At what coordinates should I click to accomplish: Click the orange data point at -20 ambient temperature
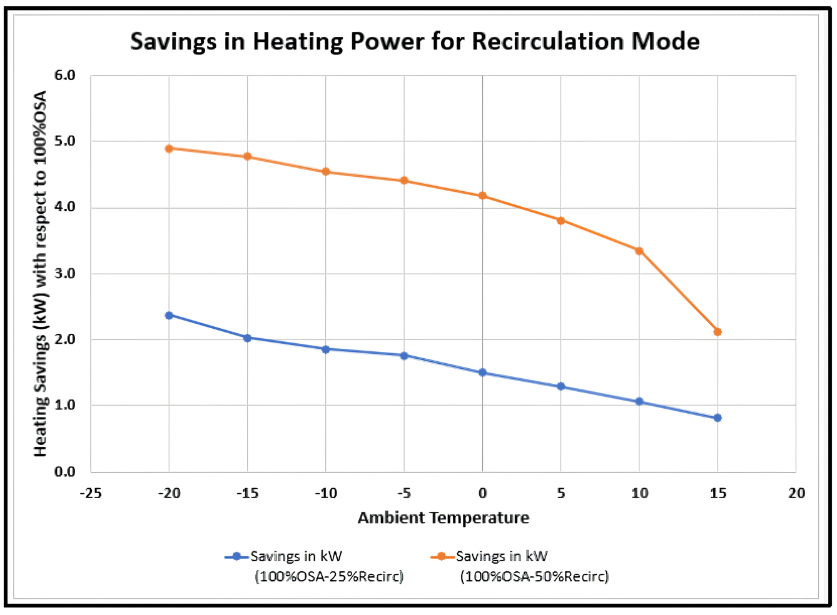169,149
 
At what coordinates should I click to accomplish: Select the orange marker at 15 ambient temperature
718,332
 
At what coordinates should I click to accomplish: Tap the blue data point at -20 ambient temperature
169,316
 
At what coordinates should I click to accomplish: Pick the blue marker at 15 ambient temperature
718,417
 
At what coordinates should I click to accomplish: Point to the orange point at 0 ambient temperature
482,196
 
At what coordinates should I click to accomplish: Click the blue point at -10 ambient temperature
326,349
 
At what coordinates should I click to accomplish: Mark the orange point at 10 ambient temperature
639,251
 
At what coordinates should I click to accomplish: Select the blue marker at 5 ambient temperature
561,386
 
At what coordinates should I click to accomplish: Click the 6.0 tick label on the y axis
64,76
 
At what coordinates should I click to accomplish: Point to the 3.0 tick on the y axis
64,274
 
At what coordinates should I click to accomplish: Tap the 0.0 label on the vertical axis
64,472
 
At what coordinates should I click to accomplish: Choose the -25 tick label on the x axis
91,494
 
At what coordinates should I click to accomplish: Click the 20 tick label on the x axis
796,494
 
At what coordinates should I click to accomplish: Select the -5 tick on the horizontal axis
404,494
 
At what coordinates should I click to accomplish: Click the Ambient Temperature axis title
444,518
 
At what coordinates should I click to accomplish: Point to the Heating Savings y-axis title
41,274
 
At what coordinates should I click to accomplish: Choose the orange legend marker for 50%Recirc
442,556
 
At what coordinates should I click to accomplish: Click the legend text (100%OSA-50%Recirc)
534,576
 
